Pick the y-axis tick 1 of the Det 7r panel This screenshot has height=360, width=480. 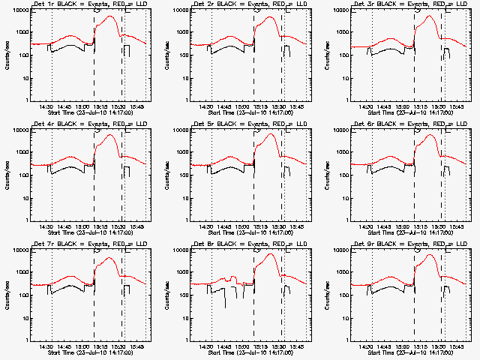click(25, 340)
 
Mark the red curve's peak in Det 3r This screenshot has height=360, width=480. click(429, 16)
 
